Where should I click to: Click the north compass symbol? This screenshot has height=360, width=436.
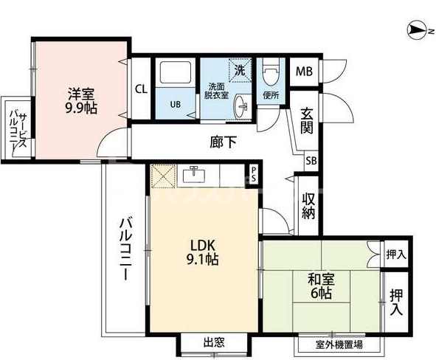418,30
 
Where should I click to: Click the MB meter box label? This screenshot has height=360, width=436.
303,72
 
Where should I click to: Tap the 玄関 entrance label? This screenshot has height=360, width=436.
307,120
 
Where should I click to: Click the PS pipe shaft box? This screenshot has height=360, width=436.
253,175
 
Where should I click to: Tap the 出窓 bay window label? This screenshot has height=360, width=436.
214,342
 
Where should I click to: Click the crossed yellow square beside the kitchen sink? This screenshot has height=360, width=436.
162,175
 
